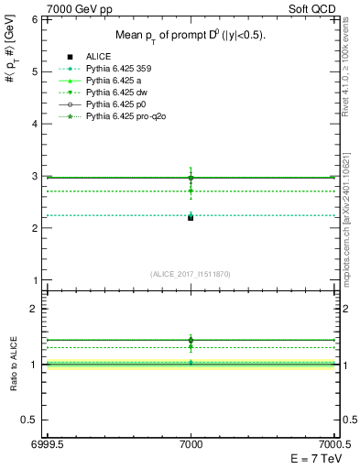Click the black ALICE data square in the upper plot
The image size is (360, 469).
[191, 218]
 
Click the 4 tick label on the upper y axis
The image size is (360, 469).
[34, 123]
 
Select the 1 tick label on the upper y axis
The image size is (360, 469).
[34, 280]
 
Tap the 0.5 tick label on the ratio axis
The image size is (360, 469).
[30, 420]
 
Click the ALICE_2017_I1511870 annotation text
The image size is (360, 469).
[191, 273]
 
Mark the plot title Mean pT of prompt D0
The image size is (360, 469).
[191, 35]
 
